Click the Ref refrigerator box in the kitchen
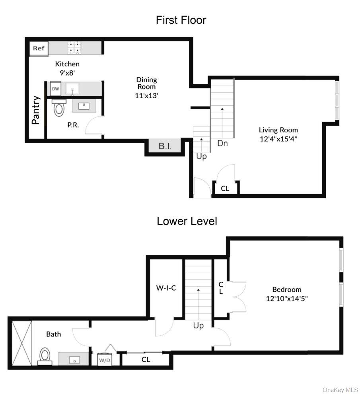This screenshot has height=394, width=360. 39,49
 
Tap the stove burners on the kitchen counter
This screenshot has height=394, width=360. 75,48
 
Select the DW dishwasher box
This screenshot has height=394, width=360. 55,89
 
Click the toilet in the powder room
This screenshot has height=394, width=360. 59,107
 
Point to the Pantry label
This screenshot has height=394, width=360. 36,110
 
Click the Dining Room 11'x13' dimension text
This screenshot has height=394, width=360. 147,95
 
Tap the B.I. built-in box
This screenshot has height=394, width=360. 165,146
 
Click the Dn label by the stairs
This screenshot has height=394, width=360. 222,144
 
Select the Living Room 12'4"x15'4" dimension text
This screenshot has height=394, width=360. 278,139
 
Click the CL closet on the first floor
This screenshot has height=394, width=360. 225,188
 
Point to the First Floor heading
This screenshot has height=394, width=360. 181,20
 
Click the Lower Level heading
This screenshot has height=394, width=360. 187,221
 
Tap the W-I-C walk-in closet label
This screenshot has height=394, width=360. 165,288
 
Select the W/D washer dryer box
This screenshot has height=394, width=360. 105,361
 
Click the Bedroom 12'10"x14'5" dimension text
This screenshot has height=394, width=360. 286,298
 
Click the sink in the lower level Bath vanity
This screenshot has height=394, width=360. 74,360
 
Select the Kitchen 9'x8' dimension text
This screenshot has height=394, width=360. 67,72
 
